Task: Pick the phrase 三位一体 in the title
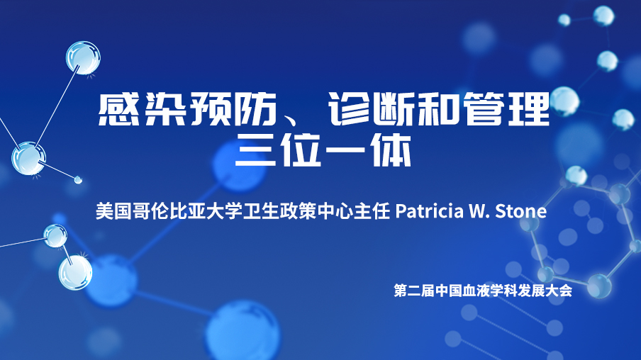[323, 150]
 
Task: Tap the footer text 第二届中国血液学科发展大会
[483, 291]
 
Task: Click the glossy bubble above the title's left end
[83, 57]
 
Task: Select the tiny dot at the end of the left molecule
[78, 179]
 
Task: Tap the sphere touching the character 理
[564, 101]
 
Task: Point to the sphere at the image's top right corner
[603, 16]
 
